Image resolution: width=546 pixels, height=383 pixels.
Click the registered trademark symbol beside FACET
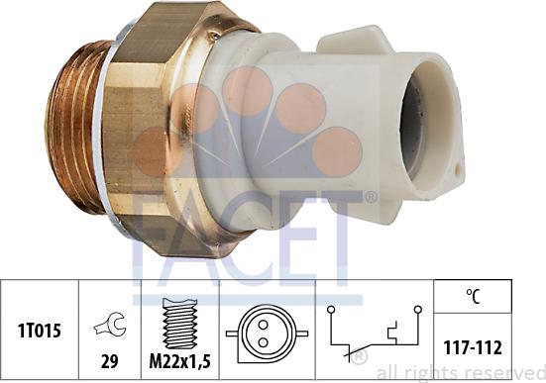tap(370, 198)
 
